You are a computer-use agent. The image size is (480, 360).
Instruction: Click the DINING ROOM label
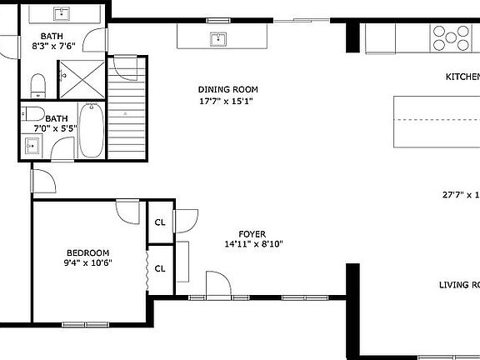227,90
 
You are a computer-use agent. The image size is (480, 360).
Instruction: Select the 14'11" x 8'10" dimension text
253,245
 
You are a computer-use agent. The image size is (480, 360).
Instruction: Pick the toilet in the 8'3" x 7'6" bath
37,83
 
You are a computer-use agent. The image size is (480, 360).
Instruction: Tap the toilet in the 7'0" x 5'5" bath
34,113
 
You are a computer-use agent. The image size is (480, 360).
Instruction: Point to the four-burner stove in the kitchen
450,36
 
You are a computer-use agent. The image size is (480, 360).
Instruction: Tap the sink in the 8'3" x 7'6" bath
62,14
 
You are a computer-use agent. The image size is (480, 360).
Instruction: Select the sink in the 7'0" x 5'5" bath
32,147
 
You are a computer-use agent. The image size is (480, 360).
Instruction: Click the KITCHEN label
462,77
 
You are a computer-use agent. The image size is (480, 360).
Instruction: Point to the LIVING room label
459,285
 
